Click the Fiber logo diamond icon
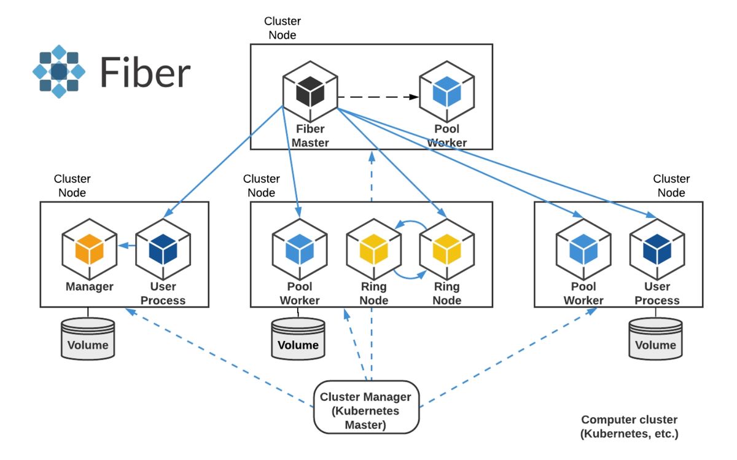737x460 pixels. pos(59,71)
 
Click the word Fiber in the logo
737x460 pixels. pos(145,72)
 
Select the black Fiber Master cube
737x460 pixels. pos(310,92)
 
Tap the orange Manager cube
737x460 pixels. pos(90,249)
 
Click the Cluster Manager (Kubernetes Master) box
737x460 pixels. pos(366,407)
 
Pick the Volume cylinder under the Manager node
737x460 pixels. pos(88,338)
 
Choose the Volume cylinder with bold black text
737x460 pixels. pos(298,338)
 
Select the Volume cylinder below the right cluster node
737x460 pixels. pos(655,338)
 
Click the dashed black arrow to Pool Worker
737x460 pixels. pos(378,97)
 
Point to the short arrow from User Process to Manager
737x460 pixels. pos(127,246)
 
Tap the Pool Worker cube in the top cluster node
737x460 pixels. pos(447,92)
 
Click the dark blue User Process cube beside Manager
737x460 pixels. pos(163,249)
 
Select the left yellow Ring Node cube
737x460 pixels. pos(374,249)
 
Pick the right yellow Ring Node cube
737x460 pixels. pos(447,249)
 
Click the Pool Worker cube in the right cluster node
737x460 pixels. pos(583,249)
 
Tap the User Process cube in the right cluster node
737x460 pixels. pos(657,249)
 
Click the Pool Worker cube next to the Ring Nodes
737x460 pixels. pos(300,249)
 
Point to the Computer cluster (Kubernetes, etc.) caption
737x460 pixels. pos(630,426)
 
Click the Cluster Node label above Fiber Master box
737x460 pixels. pos(283,28)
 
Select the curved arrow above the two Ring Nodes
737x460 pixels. pos(411,222)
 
